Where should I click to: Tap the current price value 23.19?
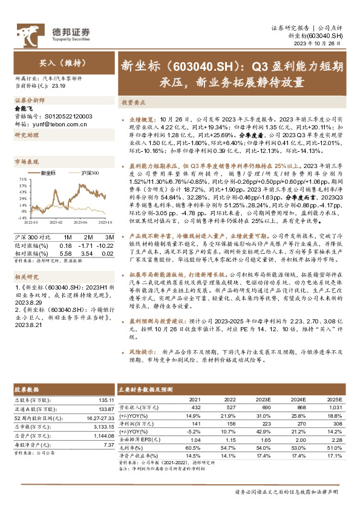59,86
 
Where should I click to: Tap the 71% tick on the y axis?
22,180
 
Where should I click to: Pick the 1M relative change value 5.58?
65,253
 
